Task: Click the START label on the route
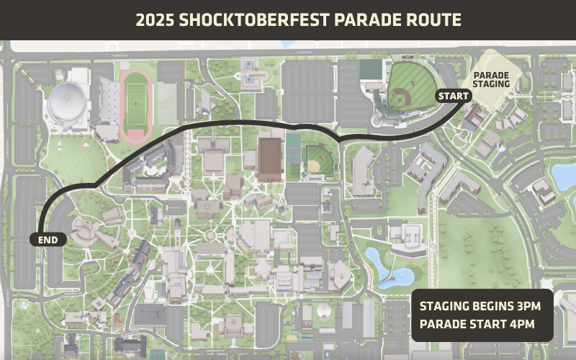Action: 454,96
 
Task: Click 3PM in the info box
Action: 525,306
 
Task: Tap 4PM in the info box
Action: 520,324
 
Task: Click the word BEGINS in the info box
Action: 485,306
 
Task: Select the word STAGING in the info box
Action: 441,306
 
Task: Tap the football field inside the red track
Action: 135,101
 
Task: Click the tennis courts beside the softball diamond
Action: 292,156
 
